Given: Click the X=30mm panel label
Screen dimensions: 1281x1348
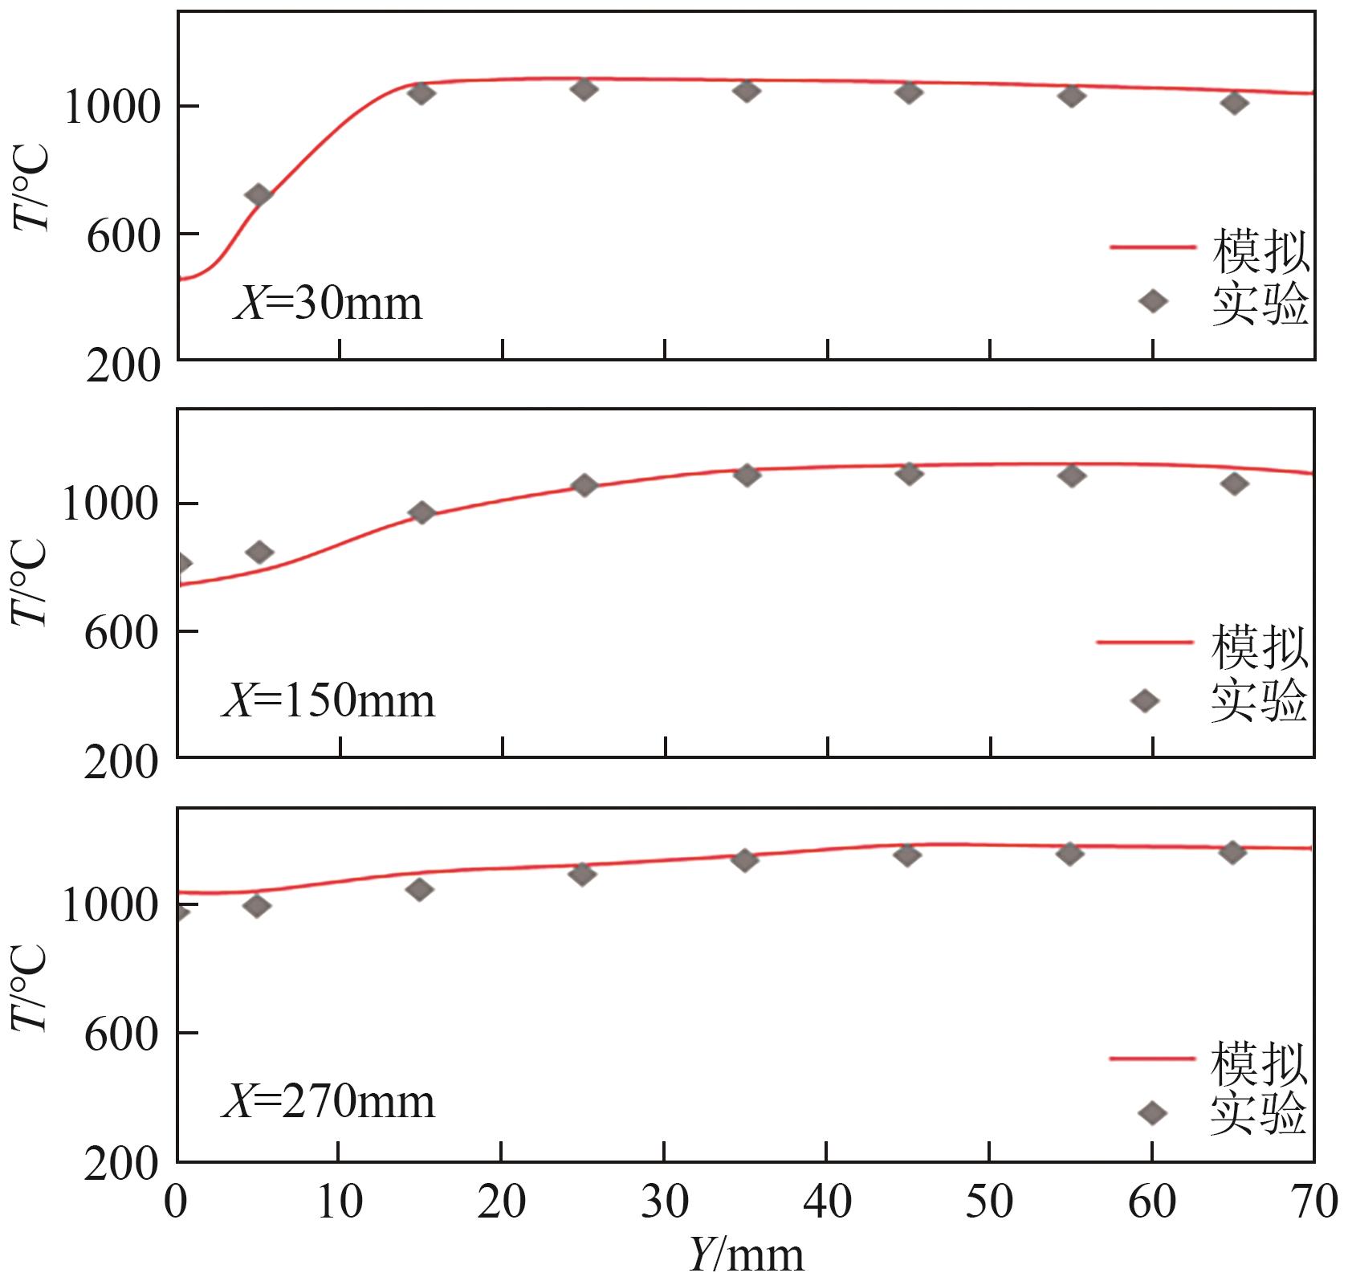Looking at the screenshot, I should (328, 304).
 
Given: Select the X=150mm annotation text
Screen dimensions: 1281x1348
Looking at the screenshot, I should (328, 701).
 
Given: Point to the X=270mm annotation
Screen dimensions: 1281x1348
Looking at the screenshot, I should (328, 1101).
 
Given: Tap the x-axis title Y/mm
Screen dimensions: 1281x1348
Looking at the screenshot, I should (746, 1255).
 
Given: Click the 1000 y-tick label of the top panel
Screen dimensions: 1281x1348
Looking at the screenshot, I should (112, 107).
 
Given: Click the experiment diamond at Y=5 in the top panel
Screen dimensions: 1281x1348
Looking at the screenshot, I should (259, 195).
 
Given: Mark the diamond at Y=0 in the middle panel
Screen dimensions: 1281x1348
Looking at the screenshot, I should (181, 563).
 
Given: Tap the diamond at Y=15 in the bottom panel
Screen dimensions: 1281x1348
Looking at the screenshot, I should (419, 889).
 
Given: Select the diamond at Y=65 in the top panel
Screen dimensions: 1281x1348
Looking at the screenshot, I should (1234, 103).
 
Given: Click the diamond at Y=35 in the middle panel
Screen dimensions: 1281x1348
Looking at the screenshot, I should (747, 475).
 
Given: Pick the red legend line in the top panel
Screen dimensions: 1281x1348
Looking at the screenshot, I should (1153, 247).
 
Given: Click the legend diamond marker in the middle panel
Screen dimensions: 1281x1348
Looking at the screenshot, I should (1145, 701).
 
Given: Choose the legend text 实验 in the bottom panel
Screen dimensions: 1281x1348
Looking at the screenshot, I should (1259, 1114).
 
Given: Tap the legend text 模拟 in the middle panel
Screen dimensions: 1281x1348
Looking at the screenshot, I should (1259, 647).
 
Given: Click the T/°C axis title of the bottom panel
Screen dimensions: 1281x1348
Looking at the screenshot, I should (30, 987).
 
